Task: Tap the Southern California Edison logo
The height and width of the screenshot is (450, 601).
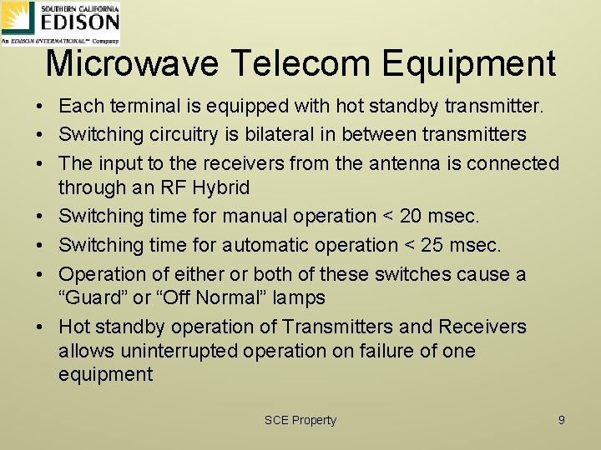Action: (x=60, y=22)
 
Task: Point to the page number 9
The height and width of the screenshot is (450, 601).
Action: (x=562, y=420)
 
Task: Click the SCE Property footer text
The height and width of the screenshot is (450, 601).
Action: (x=300, y=420)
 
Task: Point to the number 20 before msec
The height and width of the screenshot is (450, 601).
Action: (x=412, y=216)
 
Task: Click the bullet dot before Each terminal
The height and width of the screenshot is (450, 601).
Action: (x=40, y=107)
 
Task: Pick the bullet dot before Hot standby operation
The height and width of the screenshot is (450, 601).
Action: (x=40, y=327)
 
